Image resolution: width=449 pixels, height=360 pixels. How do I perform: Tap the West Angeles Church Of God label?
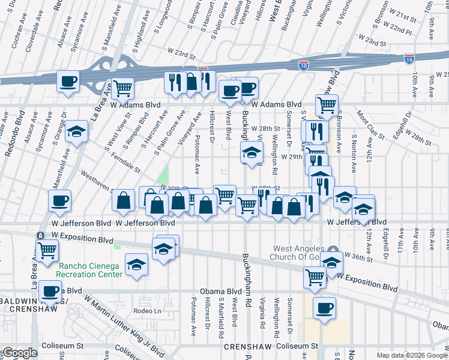[301, 253]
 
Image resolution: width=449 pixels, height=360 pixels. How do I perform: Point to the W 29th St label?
[292, 156]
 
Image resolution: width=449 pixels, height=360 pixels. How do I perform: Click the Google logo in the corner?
[20, 353]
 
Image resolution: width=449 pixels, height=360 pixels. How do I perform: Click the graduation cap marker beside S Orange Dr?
[77, 132]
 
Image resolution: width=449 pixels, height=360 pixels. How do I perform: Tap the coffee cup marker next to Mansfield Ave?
[59, 201]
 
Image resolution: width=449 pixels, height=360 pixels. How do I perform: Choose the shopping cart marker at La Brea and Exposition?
[47, 251]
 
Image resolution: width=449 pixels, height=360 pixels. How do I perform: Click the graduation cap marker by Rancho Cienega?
[137, 265]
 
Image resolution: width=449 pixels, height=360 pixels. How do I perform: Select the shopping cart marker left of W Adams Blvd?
[122, 88]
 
